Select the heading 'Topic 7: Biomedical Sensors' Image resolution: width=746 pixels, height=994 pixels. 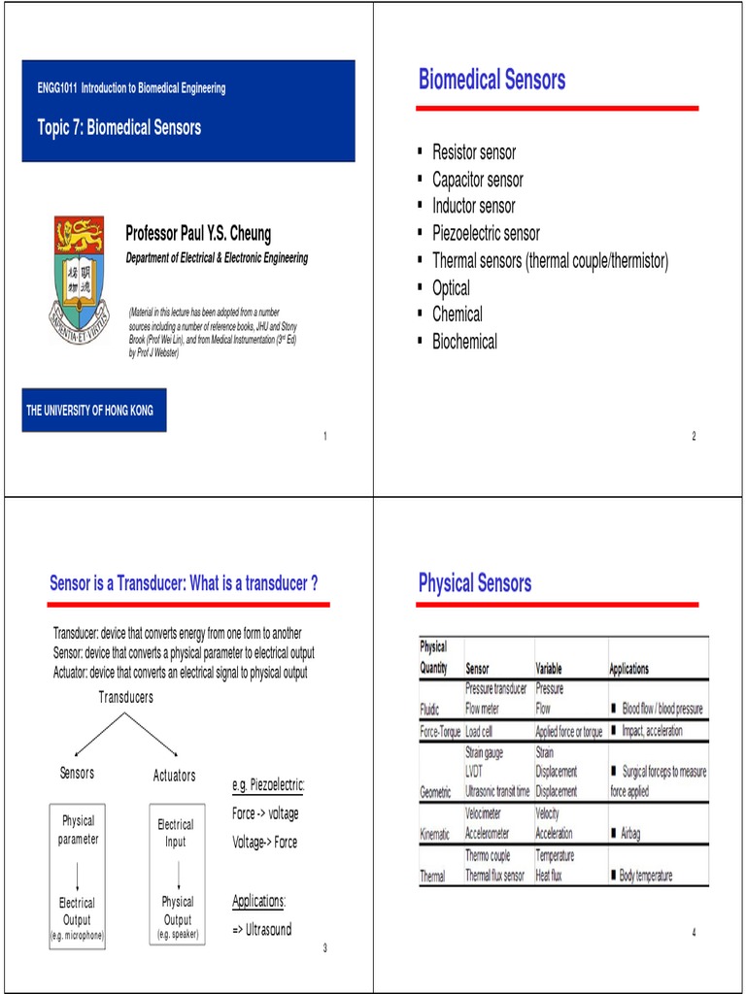point(119,128)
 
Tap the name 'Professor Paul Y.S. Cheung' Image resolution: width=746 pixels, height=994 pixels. point(198,234)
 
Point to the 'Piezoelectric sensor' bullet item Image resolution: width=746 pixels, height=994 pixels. point(486,233)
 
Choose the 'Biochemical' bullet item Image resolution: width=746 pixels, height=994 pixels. point(464,342)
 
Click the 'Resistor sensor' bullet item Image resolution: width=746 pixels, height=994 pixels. point(474,152)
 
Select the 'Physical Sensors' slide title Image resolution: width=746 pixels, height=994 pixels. point(475,583)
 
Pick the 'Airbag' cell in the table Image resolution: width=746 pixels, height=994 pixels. point(629,834)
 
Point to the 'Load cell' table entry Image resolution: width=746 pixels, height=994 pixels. point(487,731)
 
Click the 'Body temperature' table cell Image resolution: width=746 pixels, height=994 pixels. point(646,876)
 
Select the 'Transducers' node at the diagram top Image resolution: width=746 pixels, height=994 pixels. point(125,697)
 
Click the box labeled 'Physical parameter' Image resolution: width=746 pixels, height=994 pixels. point(78,830)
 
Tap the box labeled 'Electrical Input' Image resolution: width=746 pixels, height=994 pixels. point(176,833)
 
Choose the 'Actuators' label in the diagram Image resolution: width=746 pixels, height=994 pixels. point(175,776)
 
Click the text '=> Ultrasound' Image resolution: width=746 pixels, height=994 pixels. point(261,929)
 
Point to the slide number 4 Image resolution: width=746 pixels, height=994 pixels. point(695,933)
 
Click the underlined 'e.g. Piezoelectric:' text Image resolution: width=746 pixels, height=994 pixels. point(268,784)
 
